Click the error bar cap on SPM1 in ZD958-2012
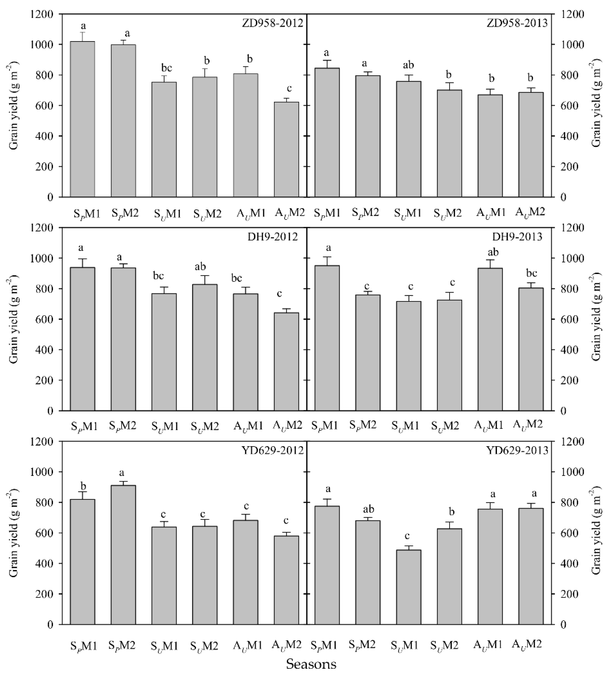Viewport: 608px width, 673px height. click(x=83, y=32)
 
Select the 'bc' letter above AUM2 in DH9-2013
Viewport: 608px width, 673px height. click(x=531, y=274)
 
